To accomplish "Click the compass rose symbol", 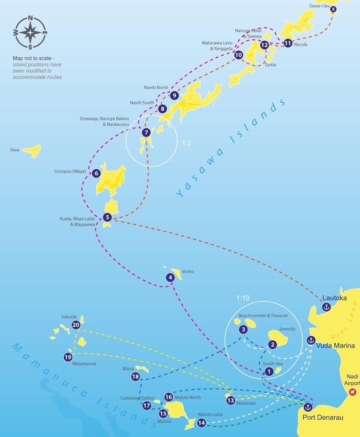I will coord(30,33).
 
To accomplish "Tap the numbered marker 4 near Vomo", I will coord(170,277).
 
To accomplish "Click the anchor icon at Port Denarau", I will coord(307,407).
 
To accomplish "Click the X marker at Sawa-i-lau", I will coord(333,9).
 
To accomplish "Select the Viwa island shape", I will coord(32,151).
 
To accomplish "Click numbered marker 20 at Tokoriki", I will coord(76,325).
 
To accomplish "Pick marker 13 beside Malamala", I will coord(230,400).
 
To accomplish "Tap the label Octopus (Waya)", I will coord(70,172).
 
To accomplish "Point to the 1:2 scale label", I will coord(187,143).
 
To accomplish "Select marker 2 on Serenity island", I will coord(272,345).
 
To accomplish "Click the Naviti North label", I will coord(156,88).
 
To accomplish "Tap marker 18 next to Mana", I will coord(135,377).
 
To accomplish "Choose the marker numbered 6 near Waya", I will coord(96,173).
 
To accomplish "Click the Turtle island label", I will coord(270,65).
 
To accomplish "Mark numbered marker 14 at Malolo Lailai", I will coord(201,423).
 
